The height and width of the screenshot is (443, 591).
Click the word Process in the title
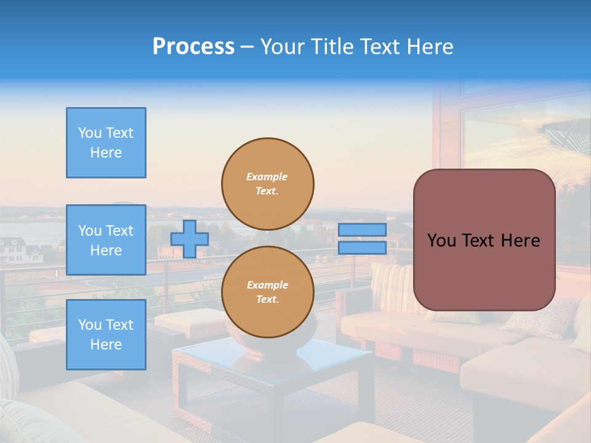[193, 47]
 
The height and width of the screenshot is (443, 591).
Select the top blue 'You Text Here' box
[106, 143]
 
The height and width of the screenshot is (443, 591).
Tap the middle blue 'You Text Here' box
[106, 240]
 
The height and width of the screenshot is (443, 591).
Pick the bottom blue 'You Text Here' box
[106, 335]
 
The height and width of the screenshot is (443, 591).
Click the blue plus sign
[190, 239]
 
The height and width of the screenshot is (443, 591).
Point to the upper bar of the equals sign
[362, 229]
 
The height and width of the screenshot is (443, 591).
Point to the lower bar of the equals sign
[362, 248]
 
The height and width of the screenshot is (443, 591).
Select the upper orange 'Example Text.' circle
[268, 183]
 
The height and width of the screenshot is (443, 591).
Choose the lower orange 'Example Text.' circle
[268, 292]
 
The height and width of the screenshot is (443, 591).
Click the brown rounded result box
[484, 240]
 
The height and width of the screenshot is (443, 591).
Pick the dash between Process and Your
[247, 47]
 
